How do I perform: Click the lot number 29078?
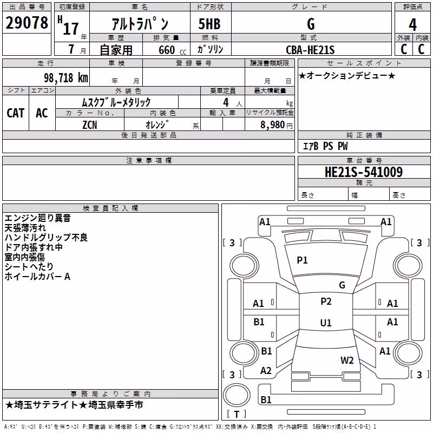(27, 23)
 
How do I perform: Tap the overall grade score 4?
(412, 25)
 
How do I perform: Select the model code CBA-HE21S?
(310, 50)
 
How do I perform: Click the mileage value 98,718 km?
(65, 78)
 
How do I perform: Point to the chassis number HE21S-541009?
(364, 172)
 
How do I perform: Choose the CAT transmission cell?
(16, 113)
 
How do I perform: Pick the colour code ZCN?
(90, 125)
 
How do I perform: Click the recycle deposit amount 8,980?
(272, 125)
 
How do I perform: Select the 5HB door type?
(209, 24)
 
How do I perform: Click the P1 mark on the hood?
(302, 260)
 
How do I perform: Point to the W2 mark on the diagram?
(347, 360)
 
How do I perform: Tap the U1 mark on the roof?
(326, 323)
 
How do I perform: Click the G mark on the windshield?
(342, 285)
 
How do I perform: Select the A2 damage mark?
(266, 371)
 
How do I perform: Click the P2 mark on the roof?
(326, 301)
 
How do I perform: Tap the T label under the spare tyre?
(237, 414)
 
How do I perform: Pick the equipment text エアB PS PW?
(325, 146)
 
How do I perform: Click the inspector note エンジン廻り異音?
(37, 218)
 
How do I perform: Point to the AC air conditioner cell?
(42, 113)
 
